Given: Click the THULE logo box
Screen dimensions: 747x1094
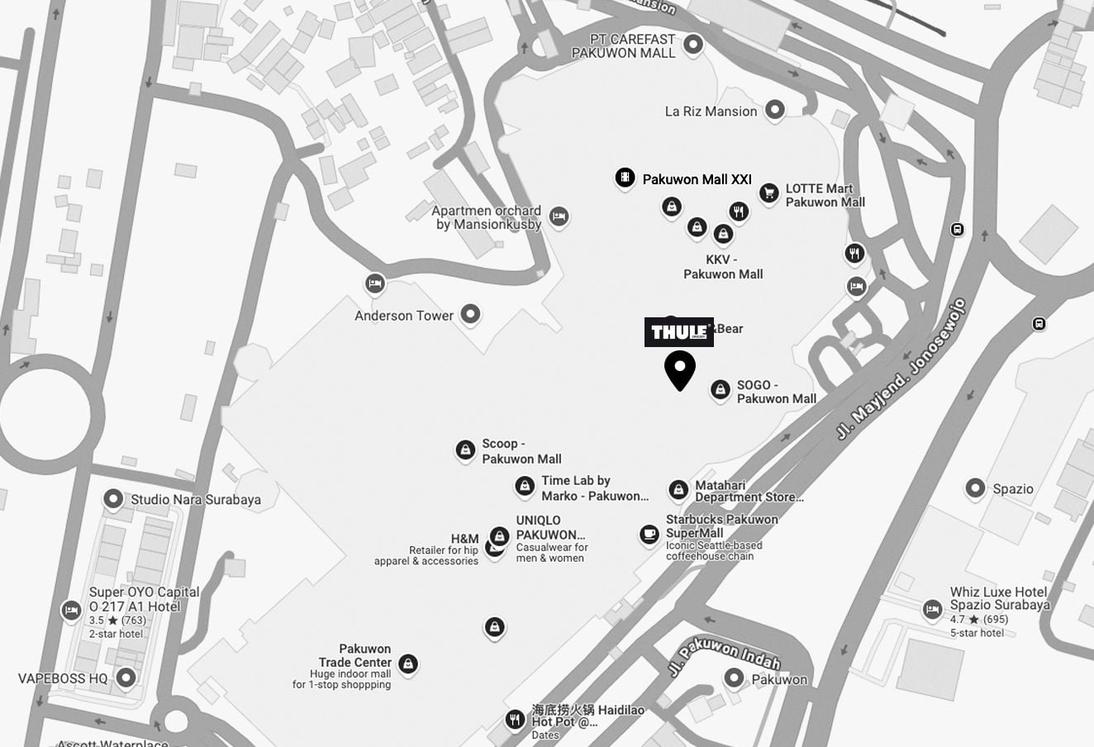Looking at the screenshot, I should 678,332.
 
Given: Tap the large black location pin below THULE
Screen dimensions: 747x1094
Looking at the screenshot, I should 680,369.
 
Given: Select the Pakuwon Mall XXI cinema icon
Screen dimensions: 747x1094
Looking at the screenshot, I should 625,178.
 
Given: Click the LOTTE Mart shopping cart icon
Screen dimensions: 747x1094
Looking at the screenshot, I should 768,193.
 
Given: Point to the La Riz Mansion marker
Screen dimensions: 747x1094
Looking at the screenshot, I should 774,109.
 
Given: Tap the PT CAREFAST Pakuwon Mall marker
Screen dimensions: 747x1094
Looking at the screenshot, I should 693,44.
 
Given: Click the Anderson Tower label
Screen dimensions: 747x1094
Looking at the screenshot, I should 404,316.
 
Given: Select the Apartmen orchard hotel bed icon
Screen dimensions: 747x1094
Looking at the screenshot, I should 559,216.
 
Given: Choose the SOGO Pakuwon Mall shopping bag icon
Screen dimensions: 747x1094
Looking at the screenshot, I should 720,389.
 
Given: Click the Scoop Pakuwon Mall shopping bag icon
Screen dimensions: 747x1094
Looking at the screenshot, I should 465,450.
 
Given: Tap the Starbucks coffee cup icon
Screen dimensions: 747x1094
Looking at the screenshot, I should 649,535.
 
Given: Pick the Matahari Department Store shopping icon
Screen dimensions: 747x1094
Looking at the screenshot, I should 678,490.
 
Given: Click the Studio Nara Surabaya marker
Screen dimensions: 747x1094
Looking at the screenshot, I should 113,498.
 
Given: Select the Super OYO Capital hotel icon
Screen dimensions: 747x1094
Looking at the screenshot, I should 72,610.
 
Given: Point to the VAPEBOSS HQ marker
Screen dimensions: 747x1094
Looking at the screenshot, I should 126,678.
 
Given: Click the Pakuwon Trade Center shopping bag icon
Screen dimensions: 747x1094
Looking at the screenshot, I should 407,663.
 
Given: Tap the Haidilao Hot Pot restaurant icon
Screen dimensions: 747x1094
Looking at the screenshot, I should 515,719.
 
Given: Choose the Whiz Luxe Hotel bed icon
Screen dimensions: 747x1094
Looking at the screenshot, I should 932,610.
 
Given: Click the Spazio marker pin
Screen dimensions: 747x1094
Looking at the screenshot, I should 975,488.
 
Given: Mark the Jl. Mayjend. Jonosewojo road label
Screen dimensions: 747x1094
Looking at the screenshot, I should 901,369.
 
